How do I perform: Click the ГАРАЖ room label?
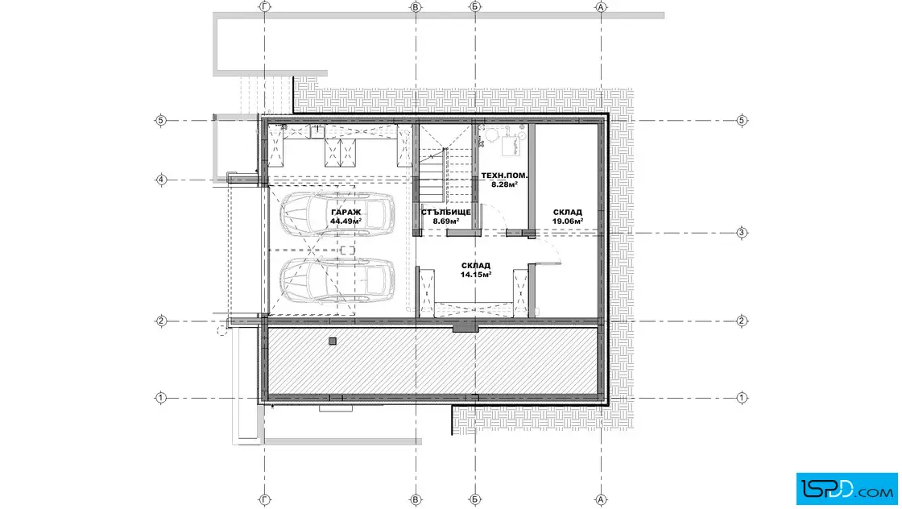point(346,213)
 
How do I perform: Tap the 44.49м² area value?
point(345,221)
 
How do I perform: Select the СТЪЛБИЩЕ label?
point(446,213)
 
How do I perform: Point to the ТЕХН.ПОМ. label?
point(504,176)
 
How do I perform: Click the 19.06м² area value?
point(568,221)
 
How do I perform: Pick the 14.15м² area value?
point(476,275)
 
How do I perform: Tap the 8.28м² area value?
point(504,184)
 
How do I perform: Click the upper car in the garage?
point(337,214)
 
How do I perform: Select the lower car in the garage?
point(337,280)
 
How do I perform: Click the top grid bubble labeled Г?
point(265,7)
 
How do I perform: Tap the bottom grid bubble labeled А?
point(601,500)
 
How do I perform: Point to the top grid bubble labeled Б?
point(475,7)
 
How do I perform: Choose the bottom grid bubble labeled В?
point(416,500)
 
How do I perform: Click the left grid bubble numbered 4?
point(161,180)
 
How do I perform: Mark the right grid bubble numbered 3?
point(742,233)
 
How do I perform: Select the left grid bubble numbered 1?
point(161,397)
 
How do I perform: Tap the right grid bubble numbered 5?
point(742,121)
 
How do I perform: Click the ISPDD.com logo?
point(846,489)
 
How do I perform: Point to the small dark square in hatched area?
point(333,341)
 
